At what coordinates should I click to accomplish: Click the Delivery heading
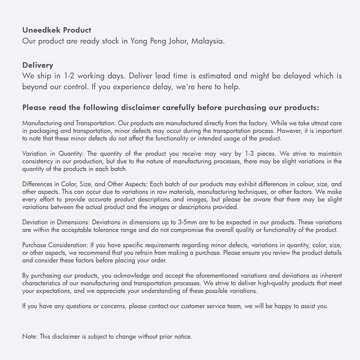(x=38, y=65)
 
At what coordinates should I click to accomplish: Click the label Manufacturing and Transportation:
(x=69, y=123)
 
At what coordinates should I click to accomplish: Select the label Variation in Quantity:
(x=53, y=154)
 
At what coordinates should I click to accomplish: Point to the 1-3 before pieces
(x=249, y=154)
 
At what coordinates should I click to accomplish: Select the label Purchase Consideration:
(x=55, y=245)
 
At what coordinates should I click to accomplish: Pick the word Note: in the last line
(x=30, y=337)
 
